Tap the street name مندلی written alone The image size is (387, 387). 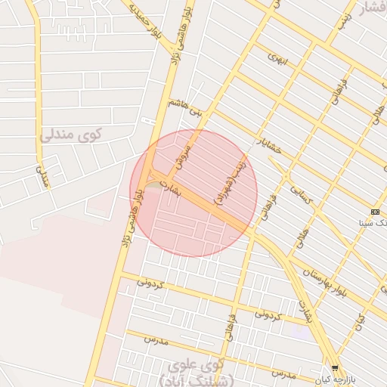click(43, 178)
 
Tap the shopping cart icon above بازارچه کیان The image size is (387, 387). click(335, 367)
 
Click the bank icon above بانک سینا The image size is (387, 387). click(375, 212)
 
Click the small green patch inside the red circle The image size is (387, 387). click(154, 184)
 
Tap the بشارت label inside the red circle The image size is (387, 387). click(173, 191)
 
